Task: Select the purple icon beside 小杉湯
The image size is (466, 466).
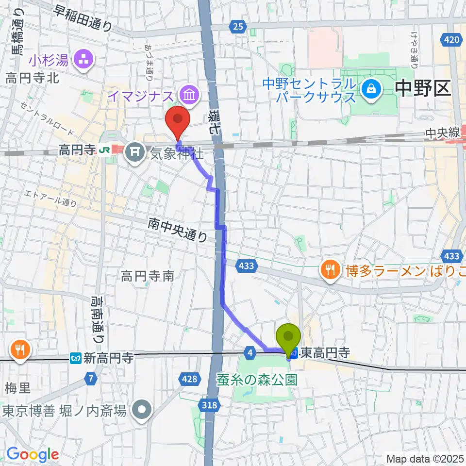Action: tap(80, 61)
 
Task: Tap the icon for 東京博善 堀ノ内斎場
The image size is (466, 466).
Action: tap(142, 411)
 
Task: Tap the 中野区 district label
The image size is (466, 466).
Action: tap(423, 89)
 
